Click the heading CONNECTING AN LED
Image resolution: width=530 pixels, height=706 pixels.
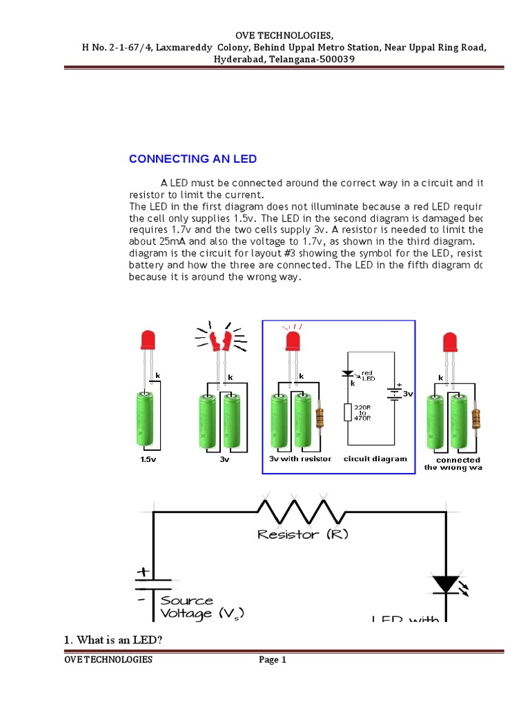pyautogui.click(x=193, y=159)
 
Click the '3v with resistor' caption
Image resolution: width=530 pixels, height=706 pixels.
pyautogui.click(x=300, y=459)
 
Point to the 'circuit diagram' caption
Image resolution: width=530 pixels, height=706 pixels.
pyautogui.click(x=375, y=459)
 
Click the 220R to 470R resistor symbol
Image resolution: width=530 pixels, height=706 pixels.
pyautogui.click(x=348, y=412)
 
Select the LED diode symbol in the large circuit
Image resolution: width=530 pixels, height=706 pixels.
pyautogui.click(x=445, y=584)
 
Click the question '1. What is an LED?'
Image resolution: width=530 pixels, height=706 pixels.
pyautogui.click(x=113, y=641)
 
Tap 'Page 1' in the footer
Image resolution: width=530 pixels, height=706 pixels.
pyautogui.click(x=273, y=660)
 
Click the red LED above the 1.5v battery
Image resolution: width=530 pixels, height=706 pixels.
pyautogui.click(x=148, y=340)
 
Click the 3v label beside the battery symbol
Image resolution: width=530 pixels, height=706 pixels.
pyautogui.click(x=408, y=394)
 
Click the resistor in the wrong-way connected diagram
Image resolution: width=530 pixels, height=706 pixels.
pyautogui.click(x=475, y=418)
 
